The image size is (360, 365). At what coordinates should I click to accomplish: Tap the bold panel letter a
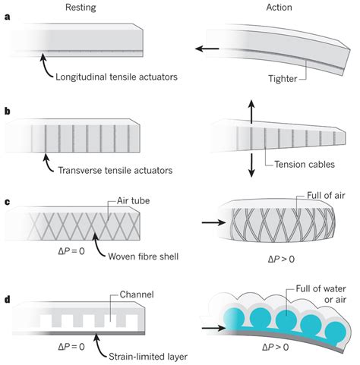pos(7,29)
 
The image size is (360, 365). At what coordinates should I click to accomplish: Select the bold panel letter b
pos(7,112)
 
